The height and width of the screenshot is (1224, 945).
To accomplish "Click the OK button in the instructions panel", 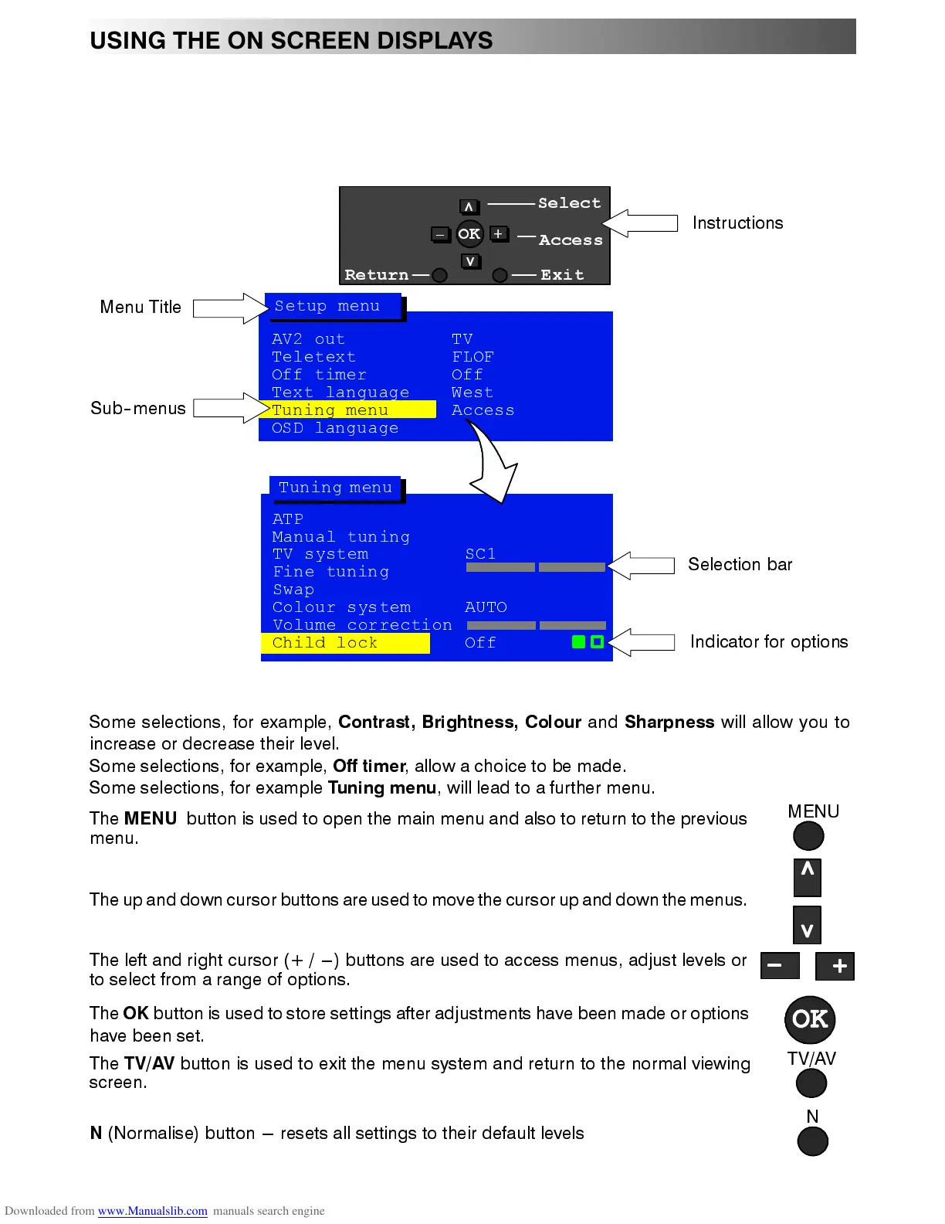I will pyautogui.click(x=469, y=233).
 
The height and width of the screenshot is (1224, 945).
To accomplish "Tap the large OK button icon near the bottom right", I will pyautogui.click(x=810, y=1019).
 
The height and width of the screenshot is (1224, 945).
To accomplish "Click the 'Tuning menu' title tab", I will pyautogui.click(x=335, y=488).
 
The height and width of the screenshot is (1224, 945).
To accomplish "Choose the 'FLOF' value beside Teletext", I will pyautogui.click(x=472, y=357).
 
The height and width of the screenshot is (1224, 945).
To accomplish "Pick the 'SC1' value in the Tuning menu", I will pyautogui.click(x=480, y=554).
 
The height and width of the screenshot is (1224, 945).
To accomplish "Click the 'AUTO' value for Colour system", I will pyautogui.click(x=486, y=607).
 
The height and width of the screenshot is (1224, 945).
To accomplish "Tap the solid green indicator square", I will pyautogui.click(x=578, y=642).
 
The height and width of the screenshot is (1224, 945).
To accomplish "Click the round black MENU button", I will pyautogui.click(x=808, y=835).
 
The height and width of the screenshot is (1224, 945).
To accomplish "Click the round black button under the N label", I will pyautogui.click(x=812, y=1141).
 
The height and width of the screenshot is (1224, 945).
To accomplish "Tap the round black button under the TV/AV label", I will pyautogui.click(x=811, y=1083).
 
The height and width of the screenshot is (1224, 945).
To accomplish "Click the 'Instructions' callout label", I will pyautogui.click(x=737, y=223).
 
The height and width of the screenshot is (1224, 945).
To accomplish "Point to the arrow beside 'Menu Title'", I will pyautogui.click(x=229, y=308).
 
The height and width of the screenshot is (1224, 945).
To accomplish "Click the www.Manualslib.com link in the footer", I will pyautogui.click(x=152, y=1211).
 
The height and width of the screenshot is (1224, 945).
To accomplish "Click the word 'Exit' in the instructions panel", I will pyautogui.click(x=562, y=275).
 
